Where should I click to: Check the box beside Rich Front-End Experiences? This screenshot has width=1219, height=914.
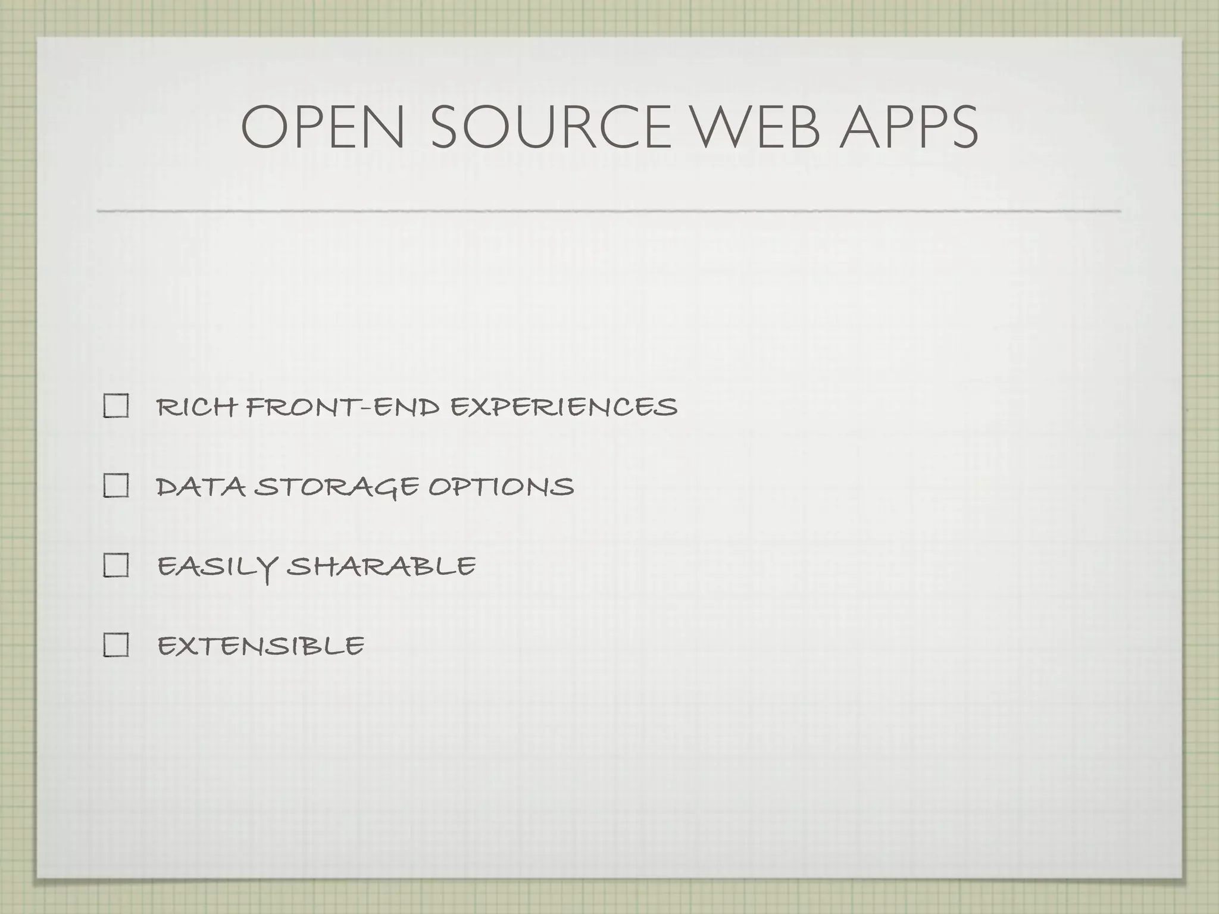(116, 407)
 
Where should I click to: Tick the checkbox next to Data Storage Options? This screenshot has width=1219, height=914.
(116, 486)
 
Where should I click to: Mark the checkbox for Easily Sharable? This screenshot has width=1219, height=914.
(116, 565)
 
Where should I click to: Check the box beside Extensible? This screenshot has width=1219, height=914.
(116, 645)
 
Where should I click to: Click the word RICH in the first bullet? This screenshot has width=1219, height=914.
(196, 408)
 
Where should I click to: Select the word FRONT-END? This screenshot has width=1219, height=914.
(342, 408)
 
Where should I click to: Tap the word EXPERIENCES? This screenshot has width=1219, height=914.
(564, 408)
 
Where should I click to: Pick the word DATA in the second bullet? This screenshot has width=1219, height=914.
(201, 487)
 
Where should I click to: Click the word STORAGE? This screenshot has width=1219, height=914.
(336, 488)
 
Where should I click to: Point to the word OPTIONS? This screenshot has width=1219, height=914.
(501, 487)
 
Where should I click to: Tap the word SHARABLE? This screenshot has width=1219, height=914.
(381, 566)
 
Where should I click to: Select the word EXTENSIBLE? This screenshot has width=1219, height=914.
(261, 646)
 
